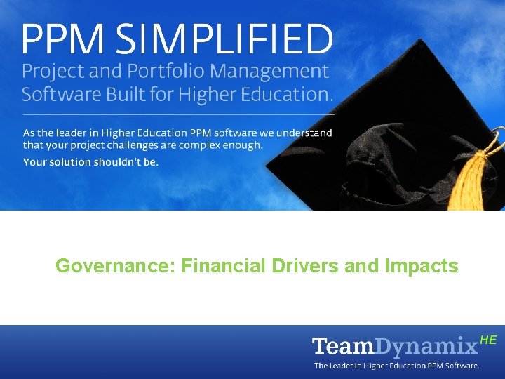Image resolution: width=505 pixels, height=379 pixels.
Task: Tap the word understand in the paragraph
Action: coord(302,133)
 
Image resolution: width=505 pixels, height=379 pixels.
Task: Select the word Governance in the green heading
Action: coord(115,267)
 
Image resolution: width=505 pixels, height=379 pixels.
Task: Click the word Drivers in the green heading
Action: coord(304,267)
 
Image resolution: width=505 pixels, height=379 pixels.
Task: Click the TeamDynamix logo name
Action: coord(394,346)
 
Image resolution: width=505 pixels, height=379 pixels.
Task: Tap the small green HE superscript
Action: coord(488,340)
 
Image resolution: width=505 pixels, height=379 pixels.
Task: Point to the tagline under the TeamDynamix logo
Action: coord(396,366)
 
